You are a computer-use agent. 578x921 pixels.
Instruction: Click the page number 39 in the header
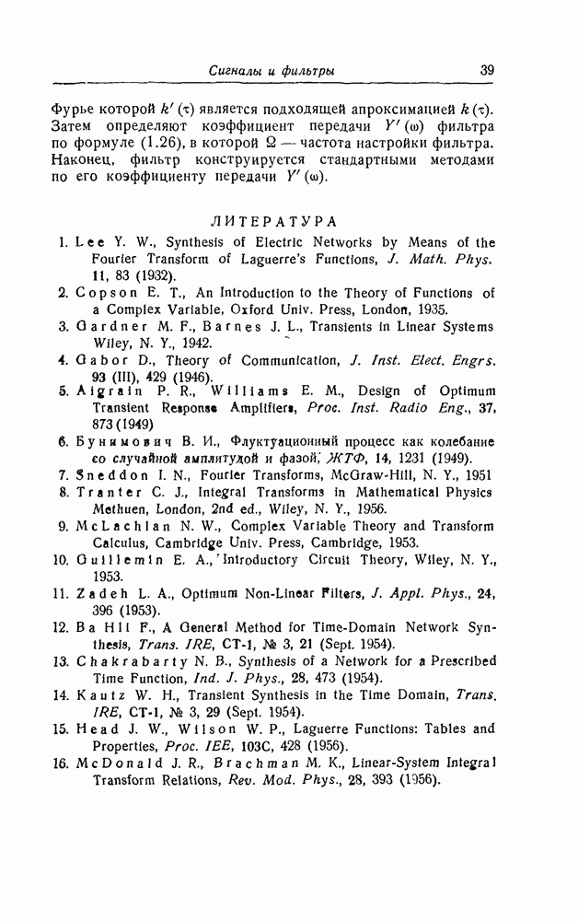click(487, 70)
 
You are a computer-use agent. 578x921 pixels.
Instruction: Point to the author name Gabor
click(98, 360)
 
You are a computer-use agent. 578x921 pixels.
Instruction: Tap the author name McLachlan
click(116, 526)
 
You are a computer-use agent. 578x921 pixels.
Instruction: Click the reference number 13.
click(61, 660)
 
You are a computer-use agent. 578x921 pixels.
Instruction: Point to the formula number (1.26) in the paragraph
click(162, 144)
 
